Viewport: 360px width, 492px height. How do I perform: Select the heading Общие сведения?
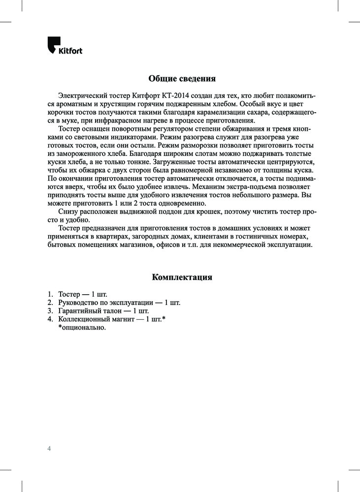pyautogui.click(x=182, y=79)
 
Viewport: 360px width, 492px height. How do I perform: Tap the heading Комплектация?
pyautogui.click(x=182, y=277)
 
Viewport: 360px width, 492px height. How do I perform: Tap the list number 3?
pyautogui.click(x=50, y=311)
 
